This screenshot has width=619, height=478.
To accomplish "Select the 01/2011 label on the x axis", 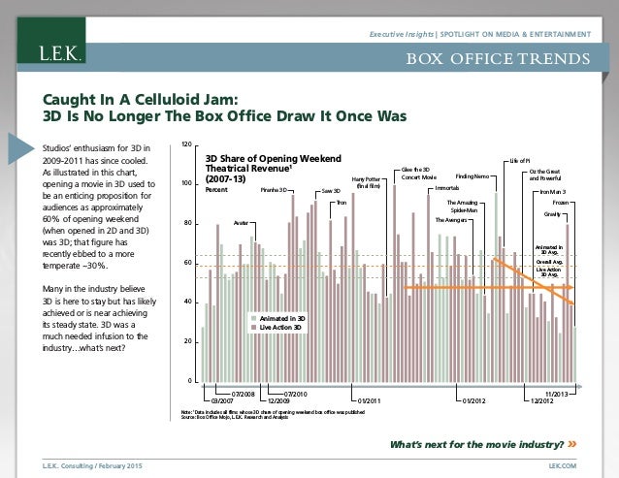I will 368,398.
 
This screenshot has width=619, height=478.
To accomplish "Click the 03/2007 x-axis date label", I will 224,398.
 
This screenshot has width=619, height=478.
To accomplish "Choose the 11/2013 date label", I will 556,393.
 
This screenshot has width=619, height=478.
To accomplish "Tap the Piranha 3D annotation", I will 277,190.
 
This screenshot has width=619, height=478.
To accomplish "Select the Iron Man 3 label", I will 554,192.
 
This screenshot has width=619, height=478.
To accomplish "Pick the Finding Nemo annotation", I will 472,176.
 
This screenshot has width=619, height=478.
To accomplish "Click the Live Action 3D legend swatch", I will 253,327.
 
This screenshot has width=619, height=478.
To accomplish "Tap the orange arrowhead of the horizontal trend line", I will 571,288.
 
